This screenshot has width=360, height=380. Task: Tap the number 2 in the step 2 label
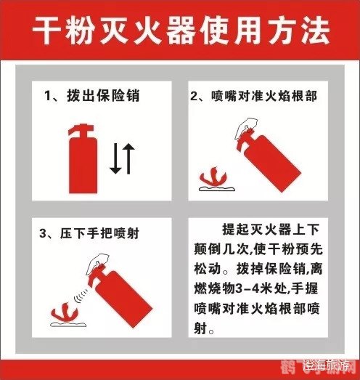pos(194,97)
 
